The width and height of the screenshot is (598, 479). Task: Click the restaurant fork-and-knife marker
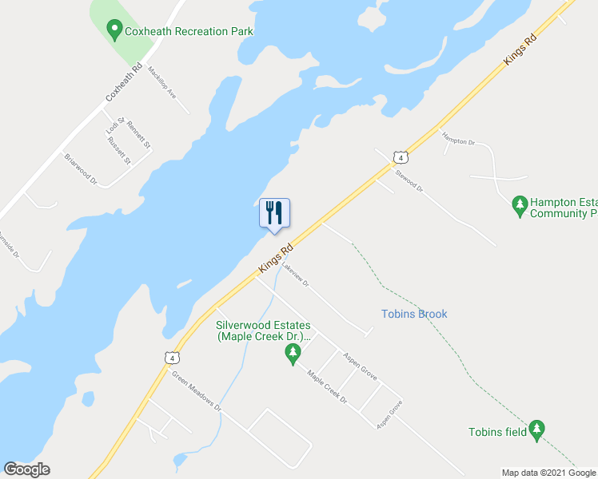[274, 214]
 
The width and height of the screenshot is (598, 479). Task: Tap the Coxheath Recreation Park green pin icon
[114, 31]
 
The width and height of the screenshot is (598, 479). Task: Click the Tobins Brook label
[414, 314]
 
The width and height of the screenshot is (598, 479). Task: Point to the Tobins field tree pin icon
[537, 430]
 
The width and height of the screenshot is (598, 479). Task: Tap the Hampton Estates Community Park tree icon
[520, 206]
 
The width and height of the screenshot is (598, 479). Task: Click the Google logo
[26, 469]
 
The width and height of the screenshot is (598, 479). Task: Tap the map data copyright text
[549, 473]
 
